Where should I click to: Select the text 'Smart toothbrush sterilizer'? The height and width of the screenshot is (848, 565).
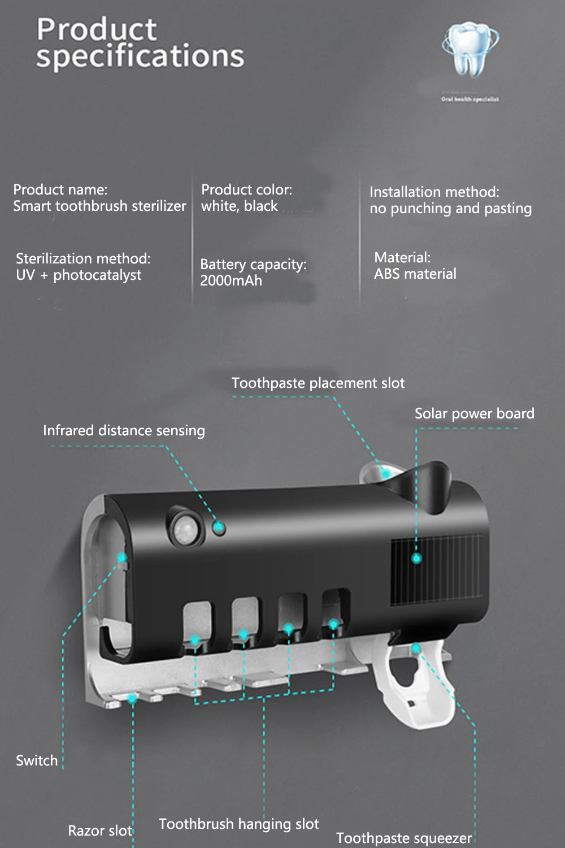point(99,206)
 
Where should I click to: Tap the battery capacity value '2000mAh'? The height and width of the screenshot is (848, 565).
point(231,281)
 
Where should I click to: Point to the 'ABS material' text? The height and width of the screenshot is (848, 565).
point(415,274)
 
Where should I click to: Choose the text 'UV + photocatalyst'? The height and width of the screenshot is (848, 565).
point(79,275)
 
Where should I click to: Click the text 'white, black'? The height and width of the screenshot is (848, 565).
point(240,206)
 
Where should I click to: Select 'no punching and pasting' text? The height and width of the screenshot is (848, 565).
point(450,209)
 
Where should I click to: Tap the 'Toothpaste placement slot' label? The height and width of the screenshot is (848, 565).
point(318,383)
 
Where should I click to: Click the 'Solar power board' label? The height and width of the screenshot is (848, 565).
point(474,414)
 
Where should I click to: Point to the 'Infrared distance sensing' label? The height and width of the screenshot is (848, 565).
point(124,431)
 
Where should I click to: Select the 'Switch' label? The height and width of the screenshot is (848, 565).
point(37,761)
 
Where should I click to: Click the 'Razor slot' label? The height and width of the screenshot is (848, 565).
point(99,831)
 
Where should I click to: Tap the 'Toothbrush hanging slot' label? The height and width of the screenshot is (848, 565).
point(238,824)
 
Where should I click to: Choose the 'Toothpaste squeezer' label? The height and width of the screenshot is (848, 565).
point(404,838)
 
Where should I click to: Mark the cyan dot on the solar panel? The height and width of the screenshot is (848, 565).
point(416,559)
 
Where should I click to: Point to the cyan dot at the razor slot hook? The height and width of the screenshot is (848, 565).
point(132,699)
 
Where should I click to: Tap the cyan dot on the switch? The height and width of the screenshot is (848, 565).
point(121,558)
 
